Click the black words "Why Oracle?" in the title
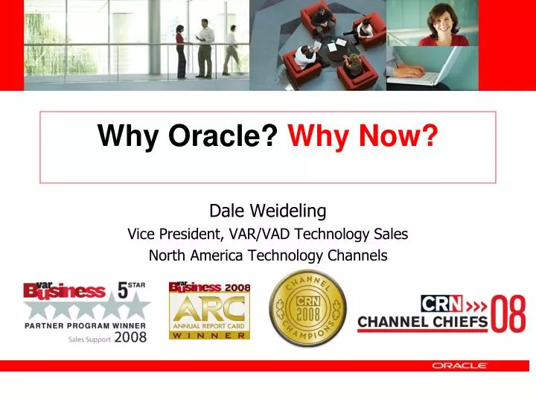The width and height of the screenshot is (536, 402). tap(188, 136)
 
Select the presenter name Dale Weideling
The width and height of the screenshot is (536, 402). tap(267, 211)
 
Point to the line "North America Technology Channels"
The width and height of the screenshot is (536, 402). tap(267, 255)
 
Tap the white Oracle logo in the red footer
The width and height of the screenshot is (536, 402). tap(459, 366)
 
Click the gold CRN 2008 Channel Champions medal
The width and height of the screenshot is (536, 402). tap(307, 308)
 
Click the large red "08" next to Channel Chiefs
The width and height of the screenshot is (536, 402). tap(508, 313)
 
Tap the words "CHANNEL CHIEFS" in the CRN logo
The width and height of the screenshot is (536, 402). tap(422, 322)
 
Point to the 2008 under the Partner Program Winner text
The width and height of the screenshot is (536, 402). tap(131, 336)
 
